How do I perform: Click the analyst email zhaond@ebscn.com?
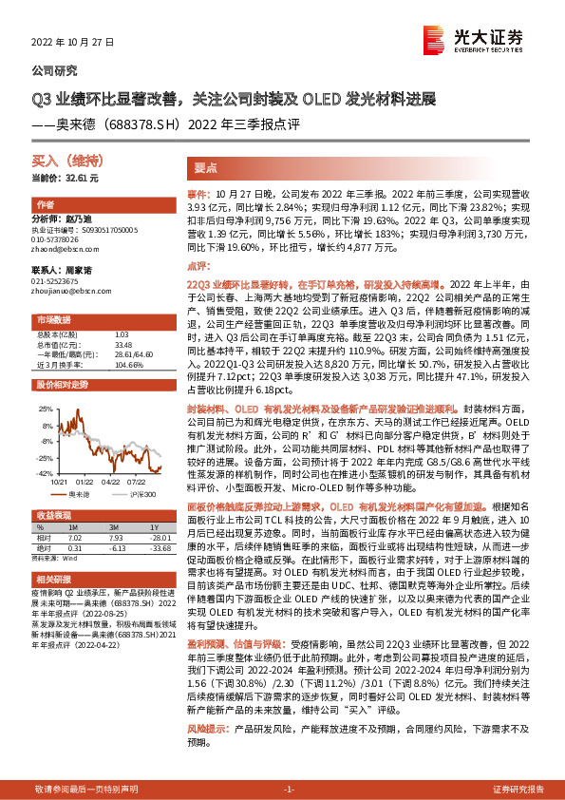63,250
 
